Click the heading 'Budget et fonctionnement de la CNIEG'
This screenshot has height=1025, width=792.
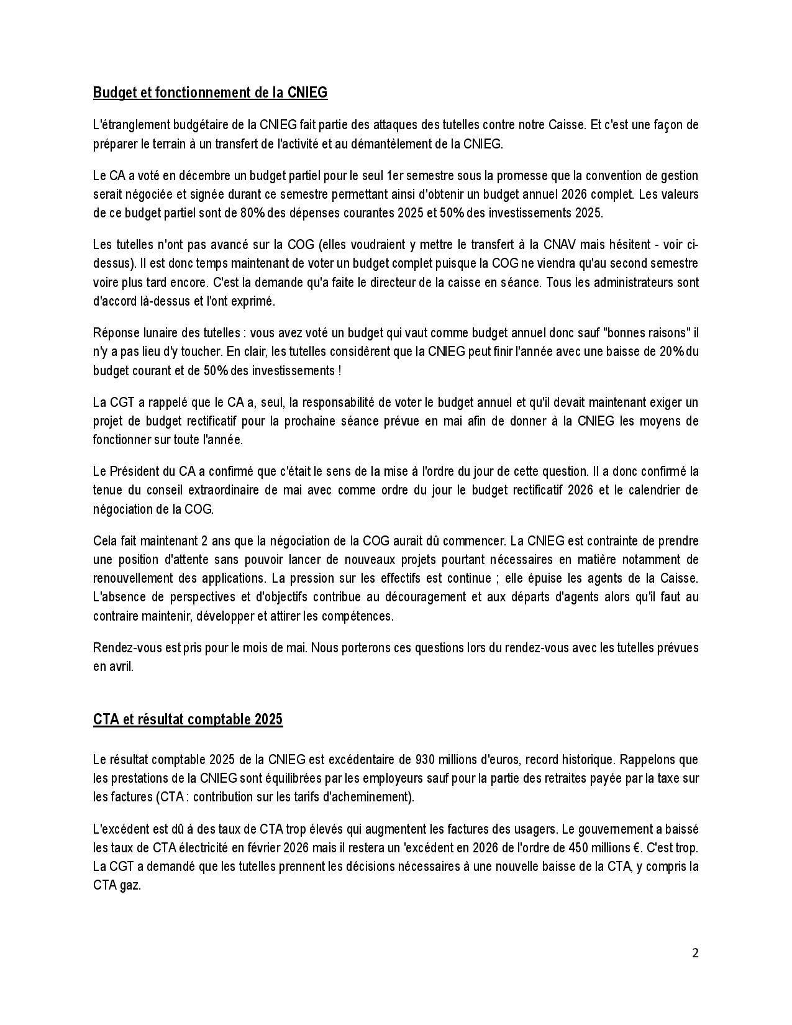210,93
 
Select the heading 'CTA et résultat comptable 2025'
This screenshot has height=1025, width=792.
188,719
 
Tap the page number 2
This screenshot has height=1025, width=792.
695,953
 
